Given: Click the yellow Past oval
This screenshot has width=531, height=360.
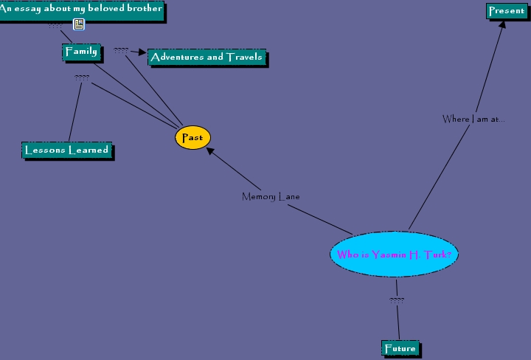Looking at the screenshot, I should click(x=192, y=138).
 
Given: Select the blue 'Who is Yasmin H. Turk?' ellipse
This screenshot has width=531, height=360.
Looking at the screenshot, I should click(x=394, y=255).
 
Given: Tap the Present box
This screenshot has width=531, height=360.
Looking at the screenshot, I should click(x=506, y=11).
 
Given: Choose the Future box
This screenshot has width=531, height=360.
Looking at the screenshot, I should click(x=400, y=348).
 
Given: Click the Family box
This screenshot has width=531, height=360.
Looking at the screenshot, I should click(x=80, y=52).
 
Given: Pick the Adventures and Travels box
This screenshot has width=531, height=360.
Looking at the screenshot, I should click(x=206, y=57).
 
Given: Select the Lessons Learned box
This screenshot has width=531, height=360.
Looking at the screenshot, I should click(x=66, y=150).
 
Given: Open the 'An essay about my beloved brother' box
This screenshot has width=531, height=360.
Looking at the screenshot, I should click(x=80, y=10).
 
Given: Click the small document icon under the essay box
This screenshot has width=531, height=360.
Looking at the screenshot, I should click(x=79, y=25).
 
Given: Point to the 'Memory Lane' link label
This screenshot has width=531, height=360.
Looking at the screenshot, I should click(x=271, y=197).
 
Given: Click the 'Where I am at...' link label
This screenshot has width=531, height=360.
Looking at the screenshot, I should click(x=473, y=119).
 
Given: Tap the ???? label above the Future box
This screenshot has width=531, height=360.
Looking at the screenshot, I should click(x=397, y=300).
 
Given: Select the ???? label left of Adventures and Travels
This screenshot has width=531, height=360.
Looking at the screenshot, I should click(x=121, y=51).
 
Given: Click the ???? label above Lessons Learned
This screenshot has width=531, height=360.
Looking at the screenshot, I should click(x=82, y=77).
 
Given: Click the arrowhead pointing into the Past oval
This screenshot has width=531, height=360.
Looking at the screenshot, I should click(x=210, y=150).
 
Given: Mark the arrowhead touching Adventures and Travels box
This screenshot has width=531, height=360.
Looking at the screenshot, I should click(x=143, y=53).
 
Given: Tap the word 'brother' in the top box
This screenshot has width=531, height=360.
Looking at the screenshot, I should click(x=144, y=9).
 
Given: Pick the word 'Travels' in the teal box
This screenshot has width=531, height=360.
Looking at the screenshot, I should click(x=243, y=57).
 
